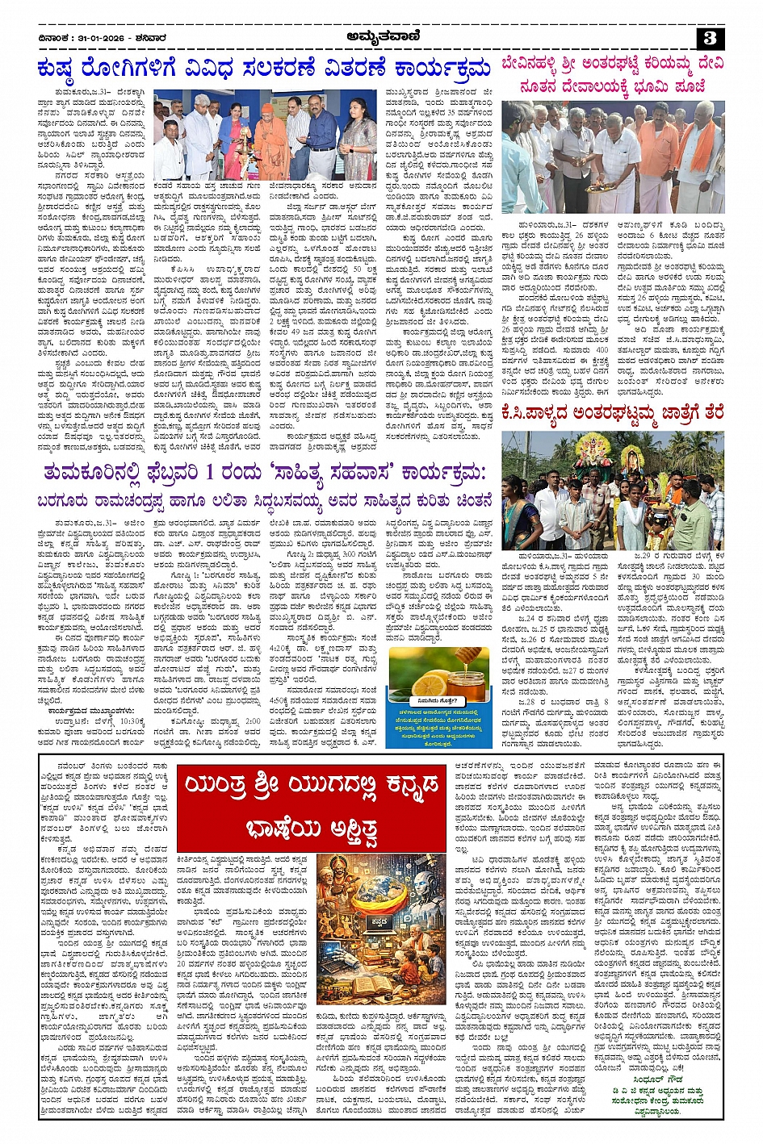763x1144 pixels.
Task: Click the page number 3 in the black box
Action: [710, 38]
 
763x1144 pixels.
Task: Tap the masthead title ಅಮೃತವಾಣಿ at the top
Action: [380, 35]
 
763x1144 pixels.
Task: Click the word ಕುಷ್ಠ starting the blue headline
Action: [62, 69]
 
